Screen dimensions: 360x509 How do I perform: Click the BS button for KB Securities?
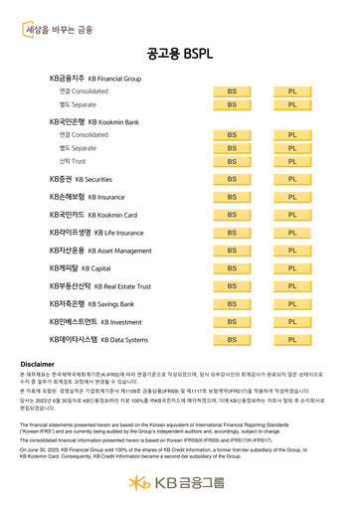231,179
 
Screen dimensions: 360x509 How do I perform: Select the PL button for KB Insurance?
292,197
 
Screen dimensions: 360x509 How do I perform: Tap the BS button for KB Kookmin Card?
231,215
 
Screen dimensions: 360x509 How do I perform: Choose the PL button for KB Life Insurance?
292,233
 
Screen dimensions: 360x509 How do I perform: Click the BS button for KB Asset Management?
231,251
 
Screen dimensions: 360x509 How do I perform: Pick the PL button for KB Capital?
292,268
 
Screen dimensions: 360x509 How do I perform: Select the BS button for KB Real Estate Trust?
231,286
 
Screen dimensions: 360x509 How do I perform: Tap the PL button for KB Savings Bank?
292,304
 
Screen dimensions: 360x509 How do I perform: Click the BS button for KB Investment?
231,322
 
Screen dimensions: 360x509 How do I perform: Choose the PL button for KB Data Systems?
292,339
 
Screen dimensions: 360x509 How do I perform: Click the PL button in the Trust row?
292,160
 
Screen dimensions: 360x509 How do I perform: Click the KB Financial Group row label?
95,76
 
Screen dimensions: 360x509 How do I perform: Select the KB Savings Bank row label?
91,304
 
